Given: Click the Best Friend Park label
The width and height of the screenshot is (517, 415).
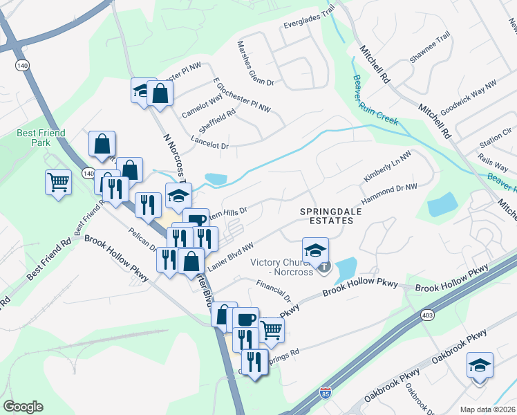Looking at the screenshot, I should click(35, 138).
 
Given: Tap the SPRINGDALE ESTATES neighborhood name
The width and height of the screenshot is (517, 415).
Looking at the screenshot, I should click(326, 215).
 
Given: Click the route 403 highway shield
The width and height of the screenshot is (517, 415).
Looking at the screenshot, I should click(427, 315).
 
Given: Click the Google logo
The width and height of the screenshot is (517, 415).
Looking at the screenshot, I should click(23, 407).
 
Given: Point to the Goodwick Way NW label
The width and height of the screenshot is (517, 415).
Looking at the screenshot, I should click(468, 96).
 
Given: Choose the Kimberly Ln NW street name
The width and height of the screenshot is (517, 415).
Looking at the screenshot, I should click(387, 167).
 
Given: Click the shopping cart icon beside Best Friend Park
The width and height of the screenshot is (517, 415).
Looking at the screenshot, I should click(58, 183).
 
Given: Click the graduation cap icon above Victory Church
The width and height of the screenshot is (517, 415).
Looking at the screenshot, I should click(315, 249).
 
